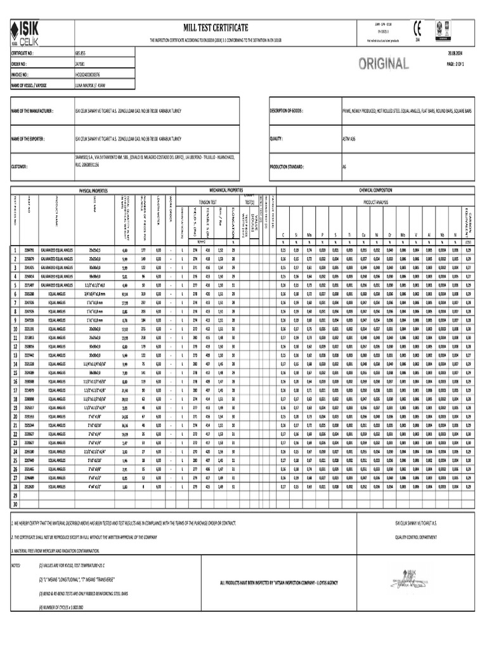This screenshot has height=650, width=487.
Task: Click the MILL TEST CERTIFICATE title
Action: (216, 27)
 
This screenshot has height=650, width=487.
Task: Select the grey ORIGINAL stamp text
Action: (384, 63)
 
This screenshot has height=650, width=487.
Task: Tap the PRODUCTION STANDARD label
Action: (287, 166)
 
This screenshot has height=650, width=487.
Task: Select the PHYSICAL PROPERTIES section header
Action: (93, 190)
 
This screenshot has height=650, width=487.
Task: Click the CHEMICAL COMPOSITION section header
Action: (375, 190)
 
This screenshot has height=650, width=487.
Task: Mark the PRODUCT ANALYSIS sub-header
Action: (375, 202)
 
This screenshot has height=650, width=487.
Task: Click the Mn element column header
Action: (309, 235)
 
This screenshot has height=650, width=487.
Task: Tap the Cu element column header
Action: (362, 235)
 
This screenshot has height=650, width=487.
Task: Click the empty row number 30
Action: (15, 503)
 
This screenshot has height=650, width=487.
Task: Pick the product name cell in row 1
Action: (58, 251)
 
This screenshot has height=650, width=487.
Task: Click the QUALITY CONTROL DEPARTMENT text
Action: (415, 536)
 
